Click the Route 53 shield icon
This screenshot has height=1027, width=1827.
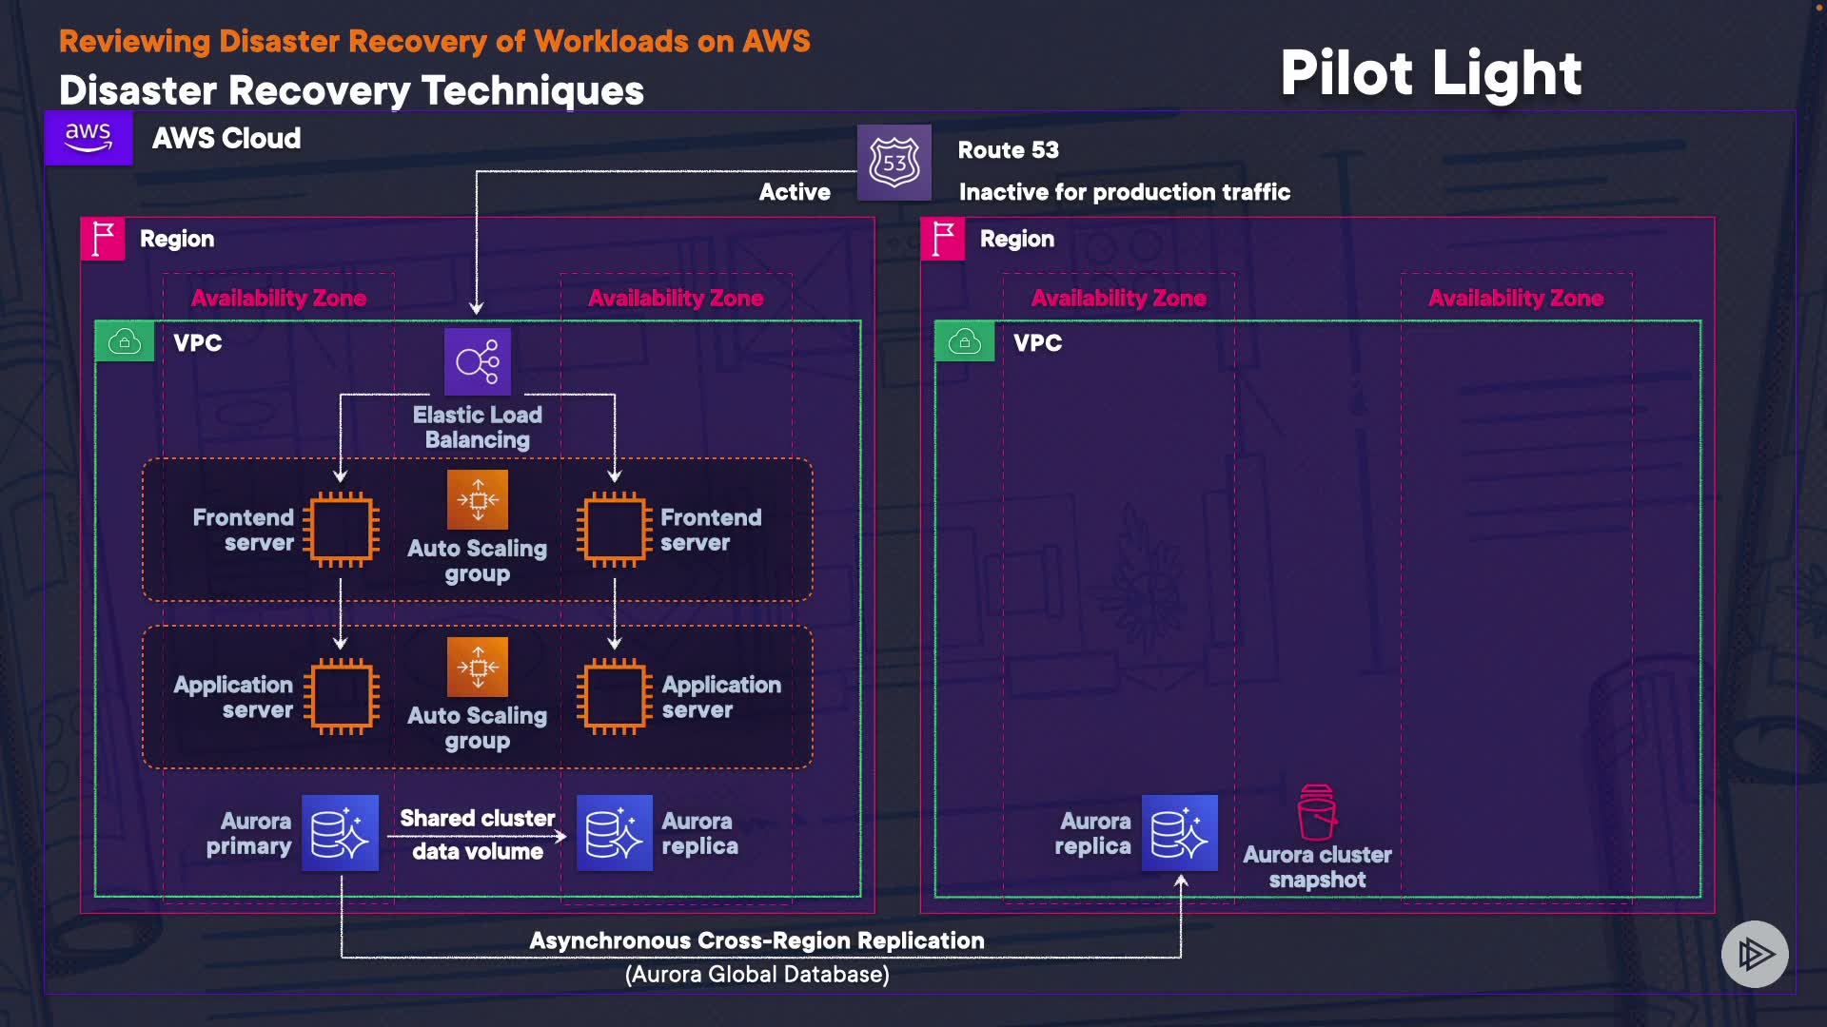point(894,163)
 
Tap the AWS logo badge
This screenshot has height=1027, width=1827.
point(88,138)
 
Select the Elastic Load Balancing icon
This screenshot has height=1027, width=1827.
point(478,361)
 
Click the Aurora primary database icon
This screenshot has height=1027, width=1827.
point(340,833)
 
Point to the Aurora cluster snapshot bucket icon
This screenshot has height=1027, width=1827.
point(1317,813)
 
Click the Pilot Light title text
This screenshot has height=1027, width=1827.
point(1430,73)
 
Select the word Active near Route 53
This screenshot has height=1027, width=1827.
point(795,192)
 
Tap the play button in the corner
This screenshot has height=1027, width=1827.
point(1755,954)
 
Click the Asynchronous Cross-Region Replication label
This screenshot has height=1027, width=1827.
point(756,940)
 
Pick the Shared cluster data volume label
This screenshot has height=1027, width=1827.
point(477,834)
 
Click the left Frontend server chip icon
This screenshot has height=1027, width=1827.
point(341,529)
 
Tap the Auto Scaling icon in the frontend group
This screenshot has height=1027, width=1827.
point(478,499)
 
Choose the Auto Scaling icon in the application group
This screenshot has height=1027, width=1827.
point(478,667)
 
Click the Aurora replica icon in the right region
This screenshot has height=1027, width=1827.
point(1179,833)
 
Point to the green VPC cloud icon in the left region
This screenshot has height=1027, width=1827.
point(125,341)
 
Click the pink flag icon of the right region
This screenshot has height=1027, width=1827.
point(943,239)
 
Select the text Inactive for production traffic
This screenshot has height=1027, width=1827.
point(1124,192)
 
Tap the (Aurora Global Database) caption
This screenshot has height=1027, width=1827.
point(756,975)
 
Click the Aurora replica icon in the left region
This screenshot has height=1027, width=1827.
point(614,833)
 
